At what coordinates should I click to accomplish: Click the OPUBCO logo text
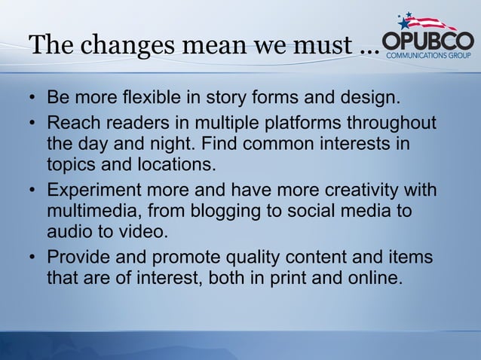click(x=427, y=41)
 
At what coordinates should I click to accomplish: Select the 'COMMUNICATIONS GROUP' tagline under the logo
click(x=429, y=55)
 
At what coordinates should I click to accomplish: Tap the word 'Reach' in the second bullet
click(x=72, y=123)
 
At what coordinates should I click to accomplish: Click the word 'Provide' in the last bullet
click(x=78, y=259)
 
